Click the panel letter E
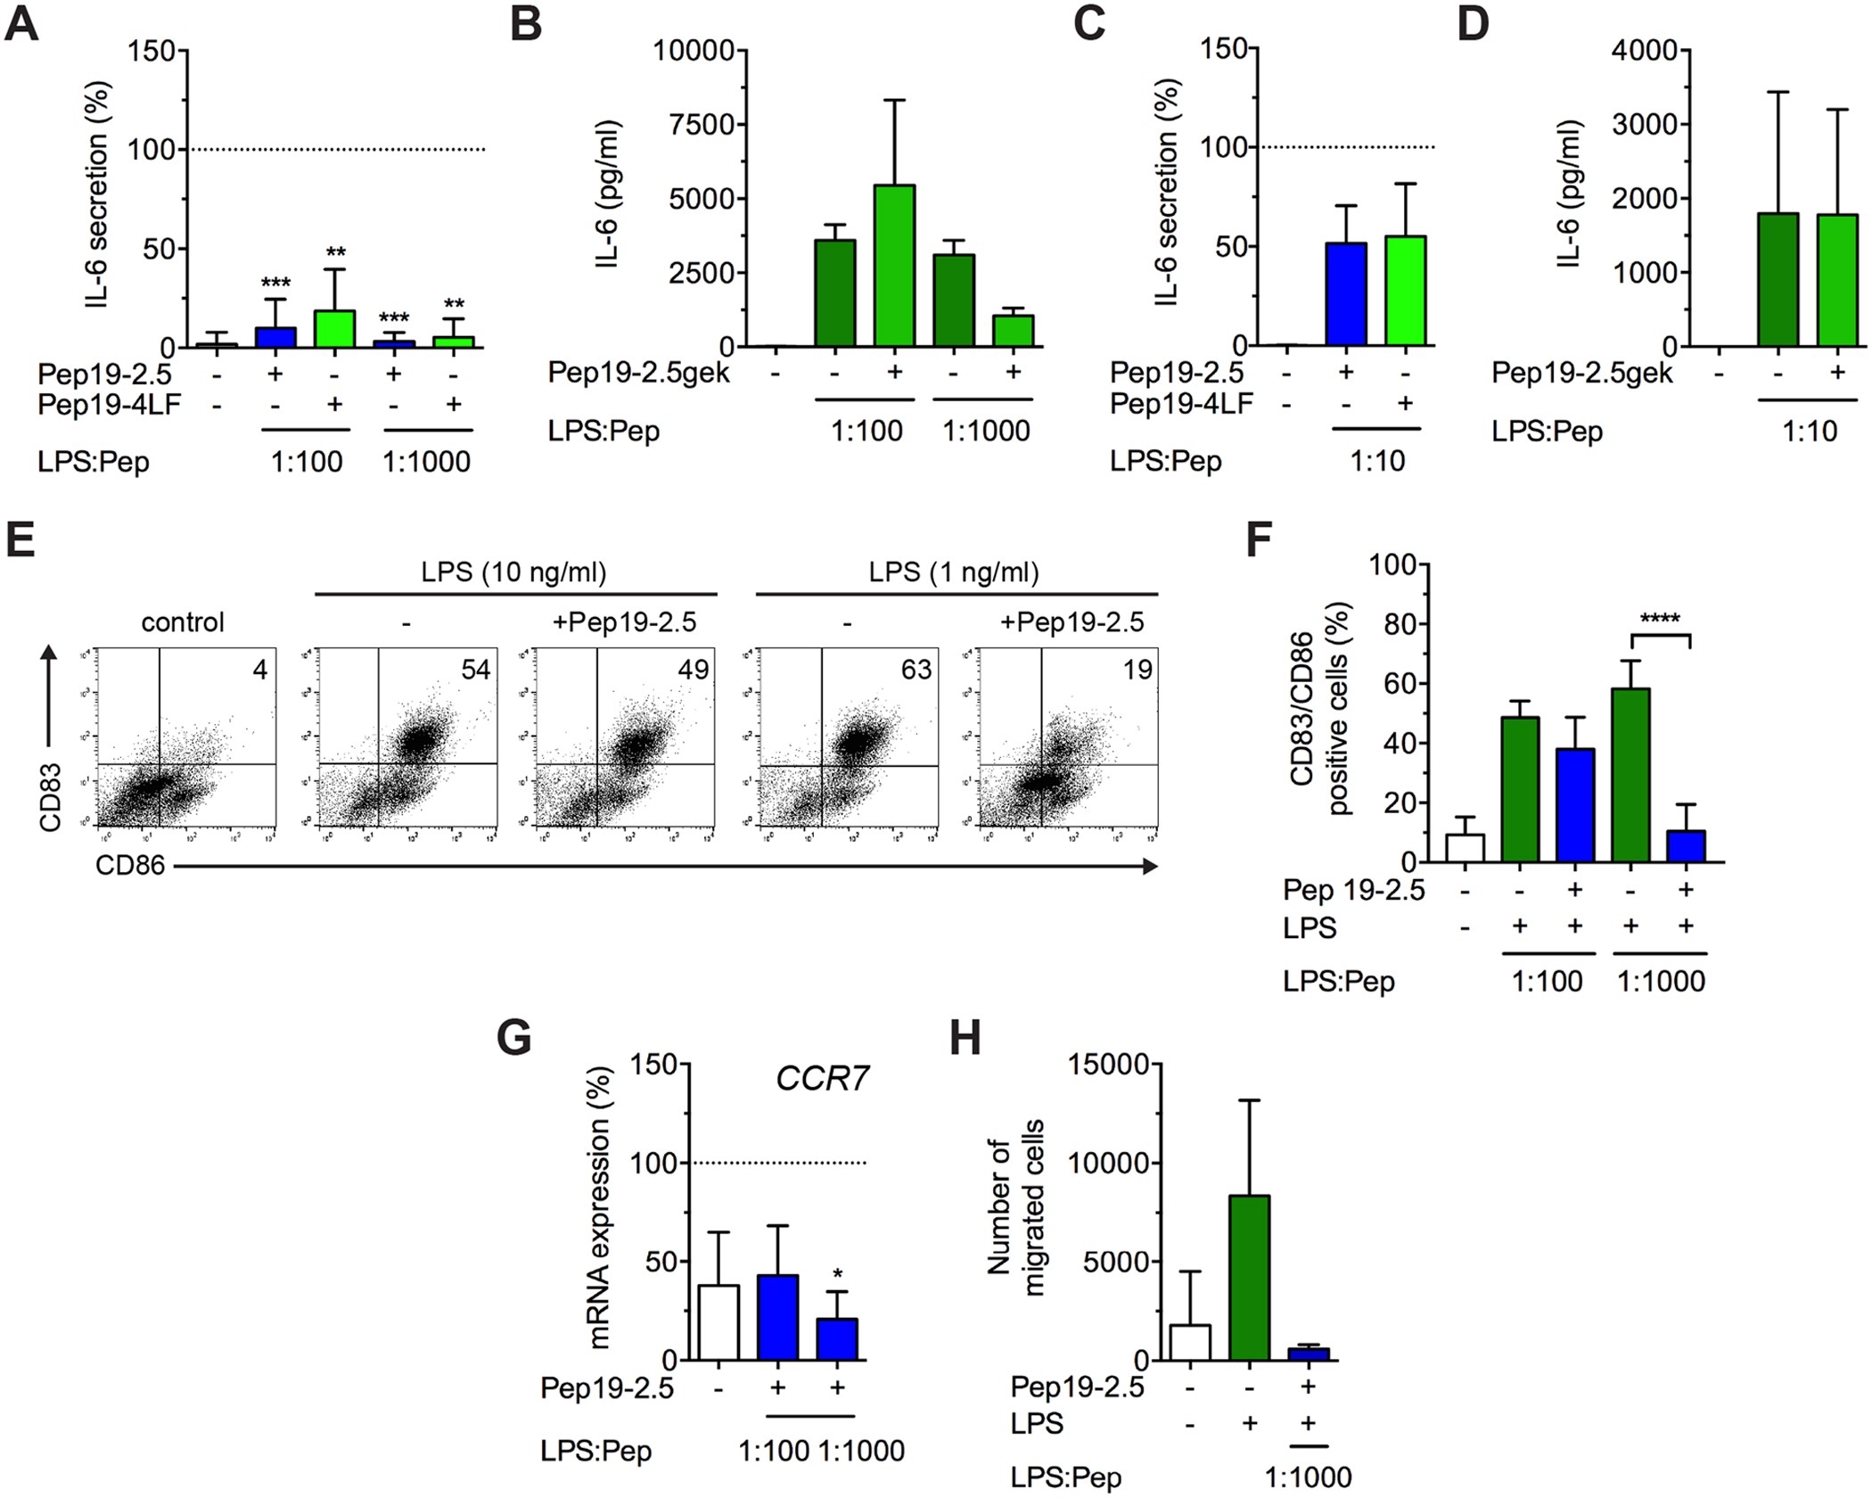click(x=21, y=540)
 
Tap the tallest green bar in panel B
click(x=894, y=266)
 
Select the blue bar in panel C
click(x=1346, y=293)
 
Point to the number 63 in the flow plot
click(x=916, y=670)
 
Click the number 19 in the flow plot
click(x=1137, y=670)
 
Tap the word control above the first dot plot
click(x=183, y=621)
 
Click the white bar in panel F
click(x=1465, y=847)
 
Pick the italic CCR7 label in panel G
click(x=821, y=1079)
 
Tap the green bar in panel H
click(x=1249, y=1277)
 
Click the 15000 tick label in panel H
click(x=1109, y=1064)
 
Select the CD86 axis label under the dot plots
click(x=130, y=865)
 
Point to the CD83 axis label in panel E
click(x=50, y=797)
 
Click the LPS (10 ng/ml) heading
click(x=514, y=572)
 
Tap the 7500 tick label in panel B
click(x=700, y=124)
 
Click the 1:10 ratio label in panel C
click(x=1377, y=461)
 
